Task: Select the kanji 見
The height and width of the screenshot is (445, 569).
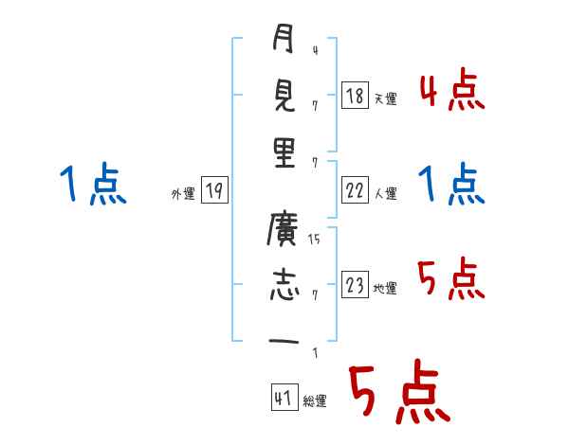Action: pos(283,97)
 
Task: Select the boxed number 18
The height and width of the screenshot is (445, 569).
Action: pos(354,96)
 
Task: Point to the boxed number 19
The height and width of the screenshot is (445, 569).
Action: pos(213,191)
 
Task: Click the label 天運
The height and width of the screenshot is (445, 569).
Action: pos(384,98)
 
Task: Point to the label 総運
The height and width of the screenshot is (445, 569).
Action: pos(315,401)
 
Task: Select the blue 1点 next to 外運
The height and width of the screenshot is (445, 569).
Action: pos(92,185)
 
